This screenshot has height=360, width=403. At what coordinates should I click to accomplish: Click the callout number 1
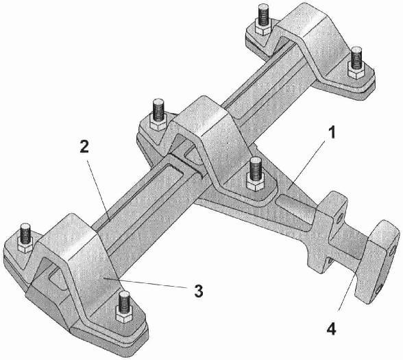coord(332,133)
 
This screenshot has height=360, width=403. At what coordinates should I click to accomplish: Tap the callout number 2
coord(84,147)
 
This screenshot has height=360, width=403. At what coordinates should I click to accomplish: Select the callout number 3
coord(199,291)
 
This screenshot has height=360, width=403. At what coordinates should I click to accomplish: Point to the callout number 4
coord(331,328)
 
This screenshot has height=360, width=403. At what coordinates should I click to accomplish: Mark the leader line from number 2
coord(99,191)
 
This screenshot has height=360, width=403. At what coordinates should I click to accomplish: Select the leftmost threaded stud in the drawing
coord(25,233)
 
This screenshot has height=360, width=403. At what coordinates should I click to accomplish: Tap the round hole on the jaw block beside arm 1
coord(339,219)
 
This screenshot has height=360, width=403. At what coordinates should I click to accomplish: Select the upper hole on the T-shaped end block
coord(393,250)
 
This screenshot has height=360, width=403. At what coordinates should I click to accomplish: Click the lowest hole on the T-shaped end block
coord(379,291)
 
